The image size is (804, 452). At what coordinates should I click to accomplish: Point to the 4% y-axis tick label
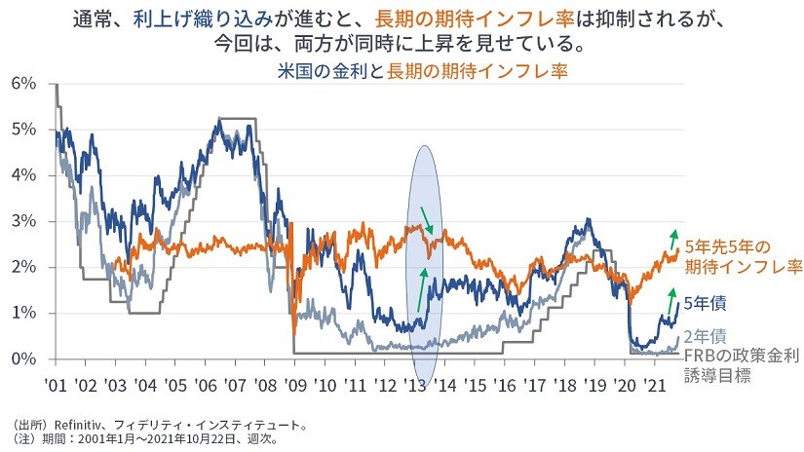tap(23, 175)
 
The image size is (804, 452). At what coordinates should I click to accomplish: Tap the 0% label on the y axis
tap(23, 358)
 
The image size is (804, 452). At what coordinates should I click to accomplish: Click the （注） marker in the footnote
tap(23, 440)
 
